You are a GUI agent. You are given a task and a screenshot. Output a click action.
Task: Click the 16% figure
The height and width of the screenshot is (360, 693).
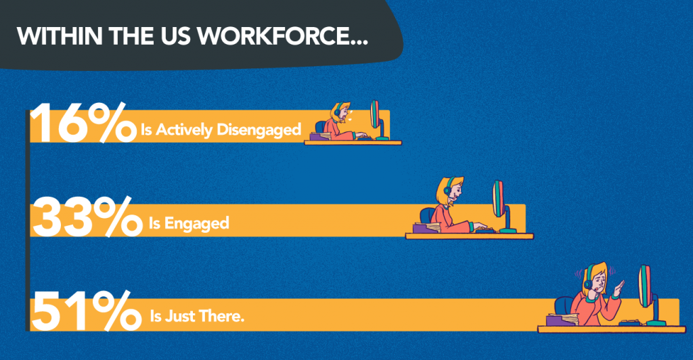pyautogui.click(x=81, y=125)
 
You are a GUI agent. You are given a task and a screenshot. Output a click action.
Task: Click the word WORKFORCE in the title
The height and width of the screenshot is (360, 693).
pyautogui.click(x=298, y=36)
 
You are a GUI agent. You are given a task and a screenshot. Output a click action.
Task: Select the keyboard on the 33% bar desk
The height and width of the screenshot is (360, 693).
pyautogui.click(x=483, y=230)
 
